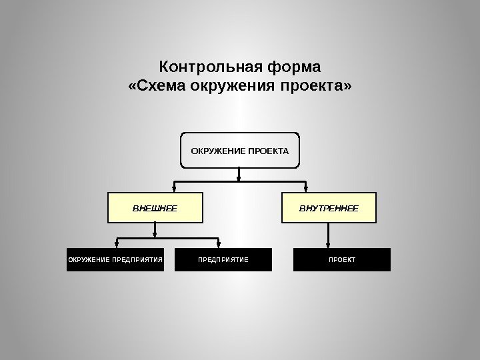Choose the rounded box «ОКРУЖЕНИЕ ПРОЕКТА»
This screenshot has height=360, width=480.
(x=240, y=151)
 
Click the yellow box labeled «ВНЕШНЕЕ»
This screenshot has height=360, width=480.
(x=155, y=208)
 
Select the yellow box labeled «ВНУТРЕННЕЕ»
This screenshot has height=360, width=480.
(x=328, y=208)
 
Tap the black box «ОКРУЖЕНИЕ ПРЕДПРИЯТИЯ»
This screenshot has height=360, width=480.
(x=115, y=259)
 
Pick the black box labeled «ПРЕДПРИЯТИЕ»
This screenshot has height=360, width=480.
(x=223, y=259)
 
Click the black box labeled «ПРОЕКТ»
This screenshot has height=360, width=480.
(x=342, y=259)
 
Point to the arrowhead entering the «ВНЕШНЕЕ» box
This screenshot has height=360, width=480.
(x=175, y=189)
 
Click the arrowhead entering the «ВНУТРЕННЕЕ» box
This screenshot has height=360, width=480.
(x=305, y=189)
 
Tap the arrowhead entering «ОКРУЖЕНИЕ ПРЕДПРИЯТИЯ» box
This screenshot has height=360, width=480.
(x=117, y=244)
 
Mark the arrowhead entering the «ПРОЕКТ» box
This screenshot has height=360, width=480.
(x=327, y=244)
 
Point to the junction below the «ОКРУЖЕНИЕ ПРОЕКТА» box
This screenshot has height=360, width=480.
(x=239, y=181)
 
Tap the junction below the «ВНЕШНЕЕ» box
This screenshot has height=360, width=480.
(x=155, y=237)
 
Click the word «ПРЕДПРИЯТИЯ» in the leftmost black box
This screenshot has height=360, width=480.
(x=137, y=259)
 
